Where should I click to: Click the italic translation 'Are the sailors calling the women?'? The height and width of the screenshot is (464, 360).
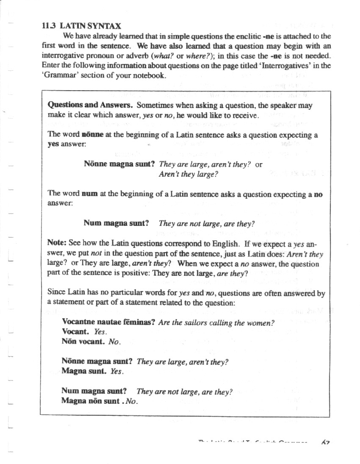point(216,322)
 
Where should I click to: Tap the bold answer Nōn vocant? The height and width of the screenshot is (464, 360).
point(83,342)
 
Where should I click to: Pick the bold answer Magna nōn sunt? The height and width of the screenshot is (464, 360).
point(91,401)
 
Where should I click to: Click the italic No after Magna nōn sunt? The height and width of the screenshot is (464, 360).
point(132,401)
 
